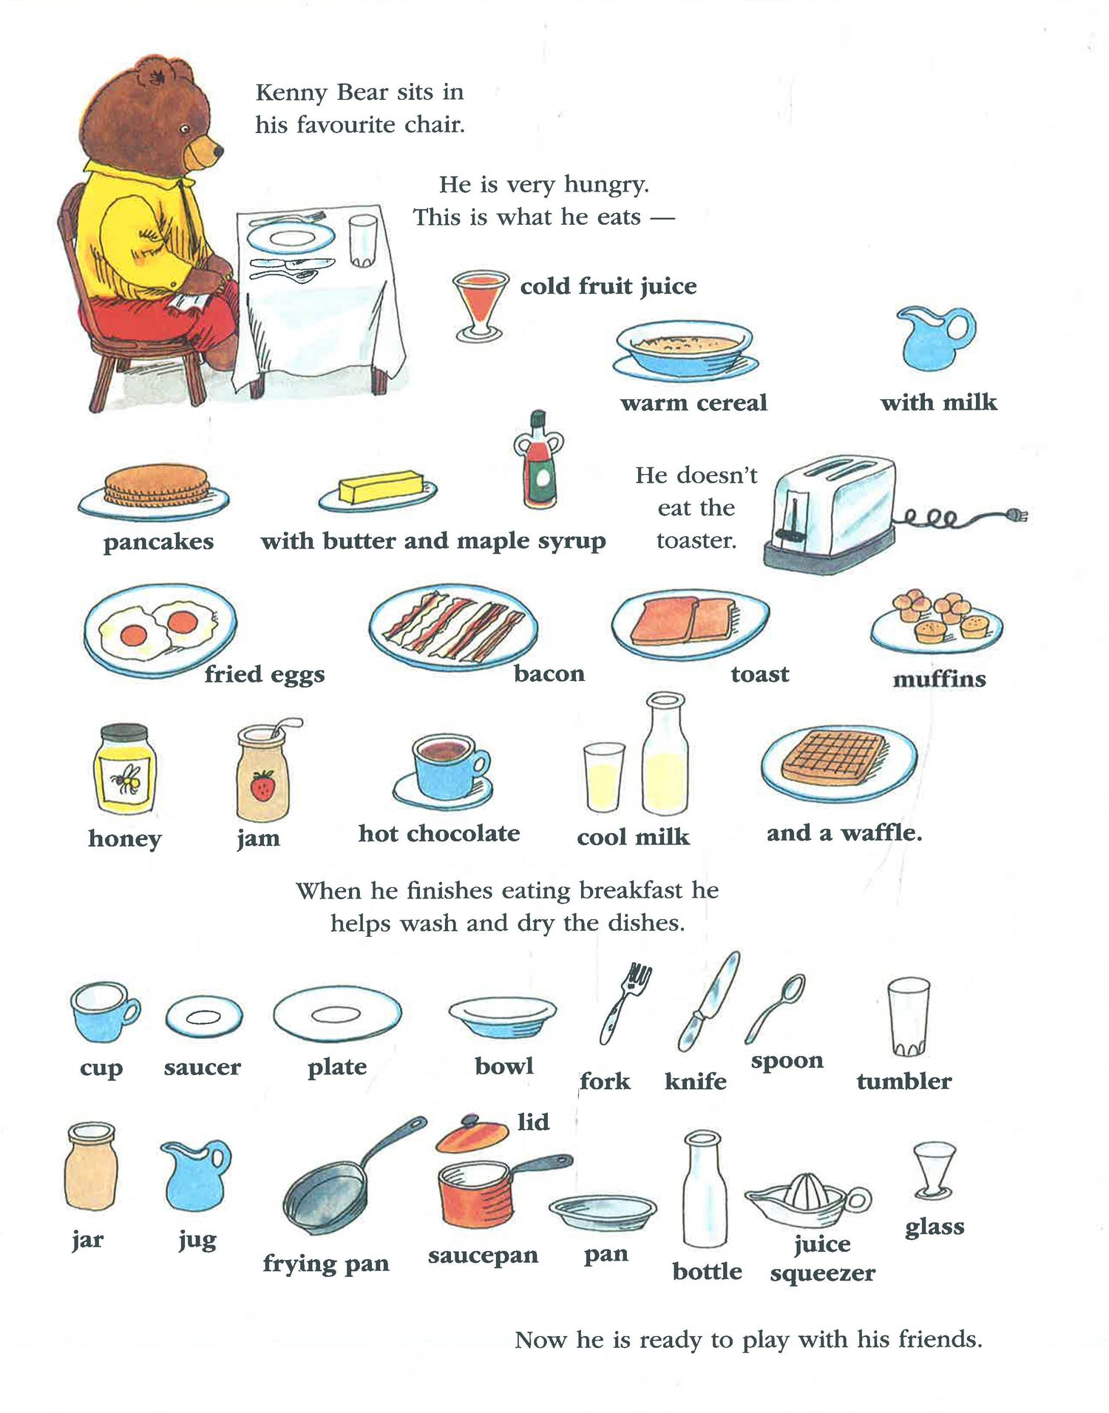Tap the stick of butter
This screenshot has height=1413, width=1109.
[x=380, y=487]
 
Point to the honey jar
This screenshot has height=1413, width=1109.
[x=125, y=768]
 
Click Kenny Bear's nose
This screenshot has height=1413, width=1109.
[x=218, y=151]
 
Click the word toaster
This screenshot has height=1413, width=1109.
[x=696, y=541]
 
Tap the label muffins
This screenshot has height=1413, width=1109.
[x=939, y=679]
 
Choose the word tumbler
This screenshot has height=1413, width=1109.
[x=904, y=1081]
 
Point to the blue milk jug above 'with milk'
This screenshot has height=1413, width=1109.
[x=936, y=337]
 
